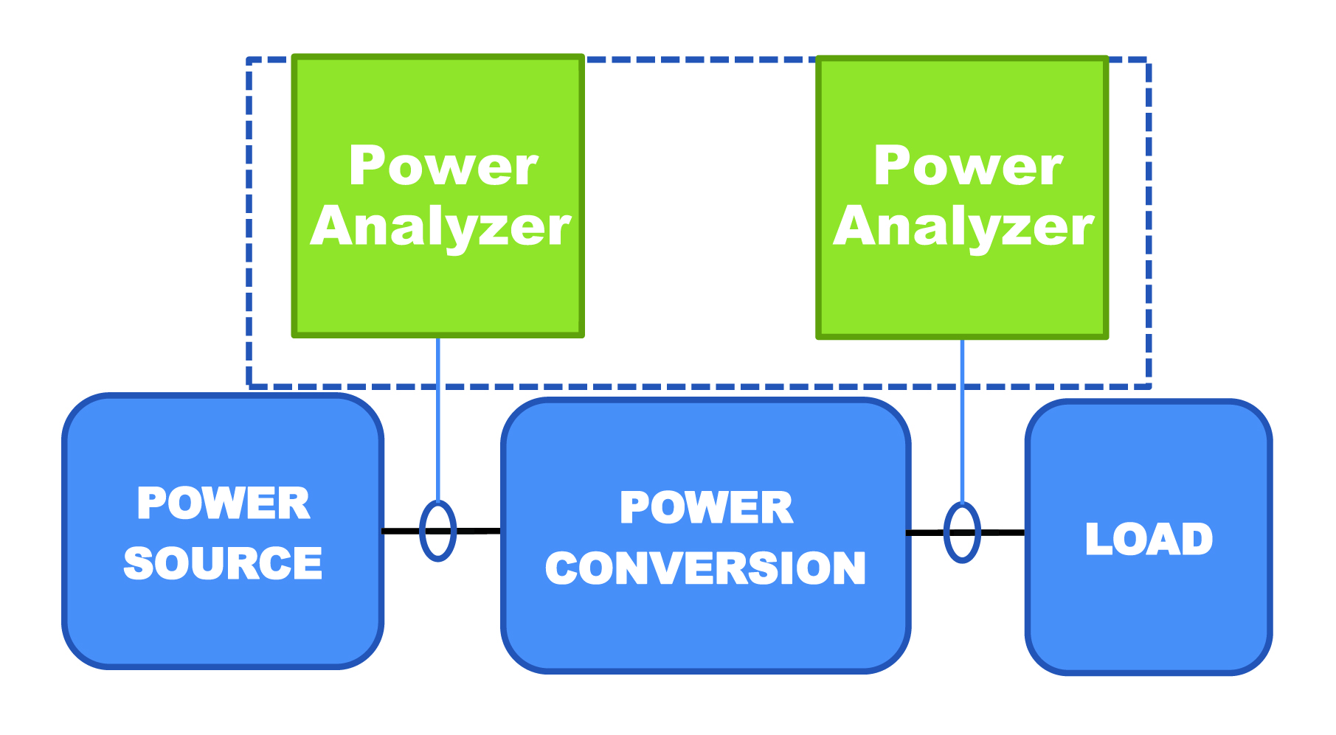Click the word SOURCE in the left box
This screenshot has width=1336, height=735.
(223, 564)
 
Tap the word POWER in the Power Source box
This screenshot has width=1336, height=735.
(224, 504)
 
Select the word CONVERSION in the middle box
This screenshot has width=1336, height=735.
(705, 568)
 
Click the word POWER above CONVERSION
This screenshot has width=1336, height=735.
(706, 508)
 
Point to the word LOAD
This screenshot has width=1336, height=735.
(1149, 539)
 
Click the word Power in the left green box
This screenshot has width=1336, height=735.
(443, 166)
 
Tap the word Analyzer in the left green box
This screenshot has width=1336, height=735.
(440, 226)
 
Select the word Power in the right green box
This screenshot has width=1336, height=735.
(967, 166)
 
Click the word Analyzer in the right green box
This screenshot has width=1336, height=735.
(963, 226)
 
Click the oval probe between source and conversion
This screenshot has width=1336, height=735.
(437, 531)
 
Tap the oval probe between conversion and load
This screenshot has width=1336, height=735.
(962, 532)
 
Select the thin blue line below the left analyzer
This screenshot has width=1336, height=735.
(438, 420)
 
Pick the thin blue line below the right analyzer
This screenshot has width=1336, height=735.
(962, 420)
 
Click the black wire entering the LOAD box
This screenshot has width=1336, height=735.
(1003, 532)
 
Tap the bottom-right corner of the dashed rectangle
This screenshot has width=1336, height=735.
(1148, 386)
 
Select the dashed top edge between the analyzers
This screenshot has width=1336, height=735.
(701, 60)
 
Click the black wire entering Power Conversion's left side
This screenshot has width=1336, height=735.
(480, 531)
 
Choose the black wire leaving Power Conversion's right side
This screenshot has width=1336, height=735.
(926, 532)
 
